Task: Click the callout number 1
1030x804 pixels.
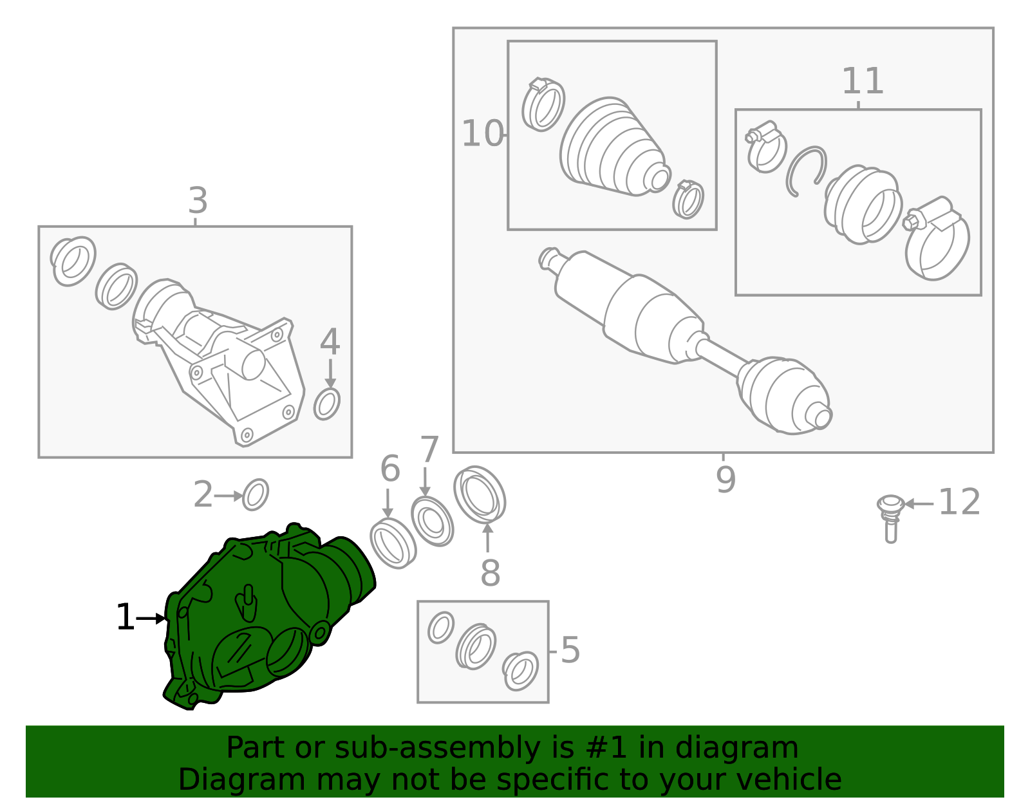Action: (x=126, y=617)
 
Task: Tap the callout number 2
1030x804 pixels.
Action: (x=203, y=494)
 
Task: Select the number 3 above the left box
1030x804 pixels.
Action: (x=198, y=200)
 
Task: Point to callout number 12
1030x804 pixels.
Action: (x=959, y=501)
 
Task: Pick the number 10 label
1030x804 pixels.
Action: (x=482, y=133)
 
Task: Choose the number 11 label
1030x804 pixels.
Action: (x=862, y=81)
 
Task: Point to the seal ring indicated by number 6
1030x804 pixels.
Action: (x=393, y=543)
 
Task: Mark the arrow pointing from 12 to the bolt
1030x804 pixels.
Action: (x=919, y=503)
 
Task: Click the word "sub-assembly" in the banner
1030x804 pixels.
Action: (x=437, y=747)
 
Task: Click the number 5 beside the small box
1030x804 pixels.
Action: (x=570, y=650)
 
